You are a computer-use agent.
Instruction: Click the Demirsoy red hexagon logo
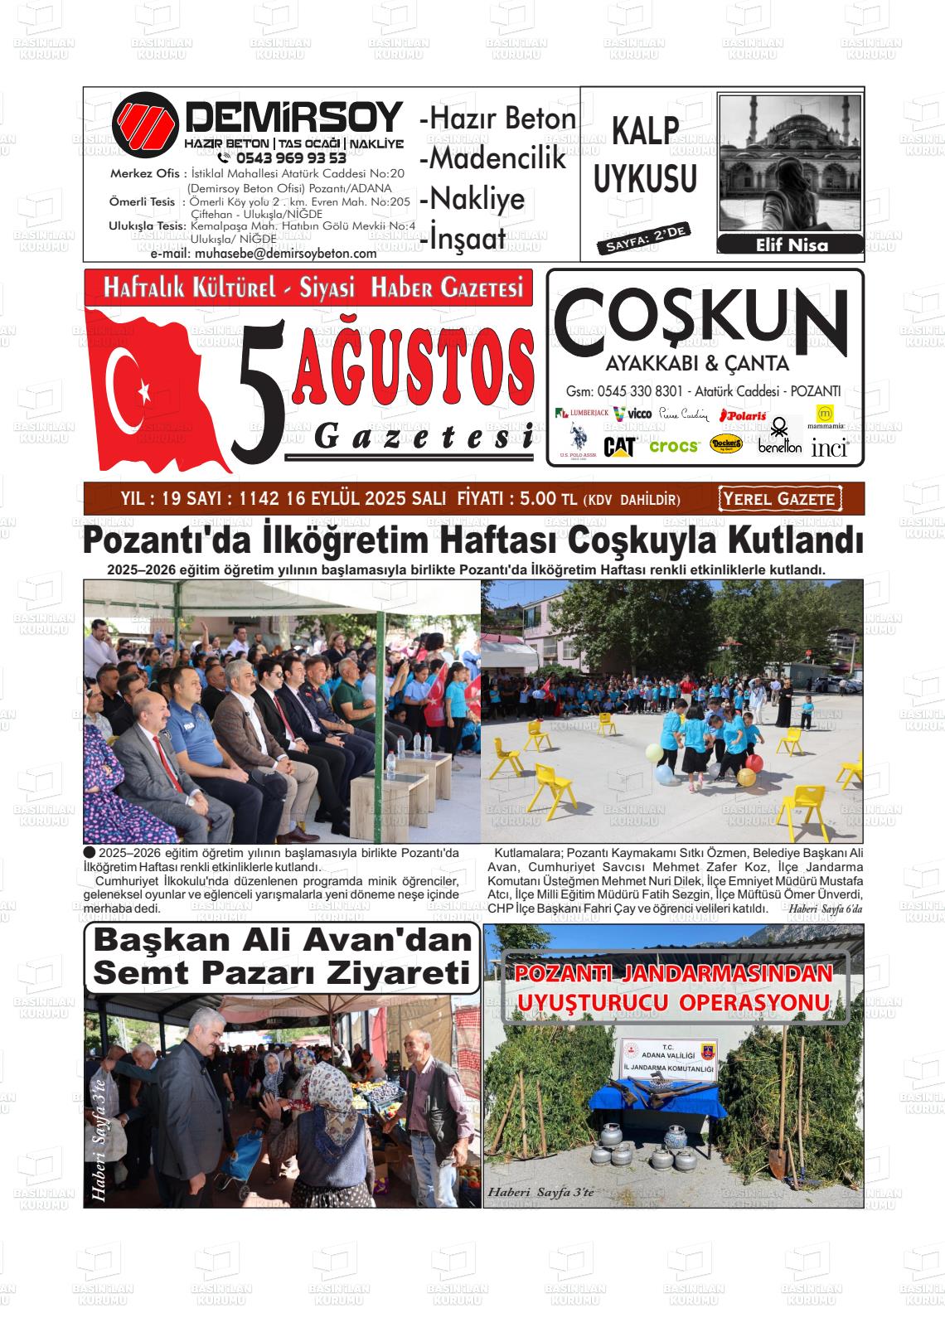147,124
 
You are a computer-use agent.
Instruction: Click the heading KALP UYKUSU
646,156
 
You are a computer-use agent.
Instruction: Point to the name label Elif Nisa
792,245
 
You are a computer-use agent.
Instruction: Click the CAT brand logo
619,447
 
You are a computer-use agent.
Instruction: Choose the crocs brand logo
675,446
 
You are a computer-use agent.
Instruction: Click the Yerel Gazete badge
779,498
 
